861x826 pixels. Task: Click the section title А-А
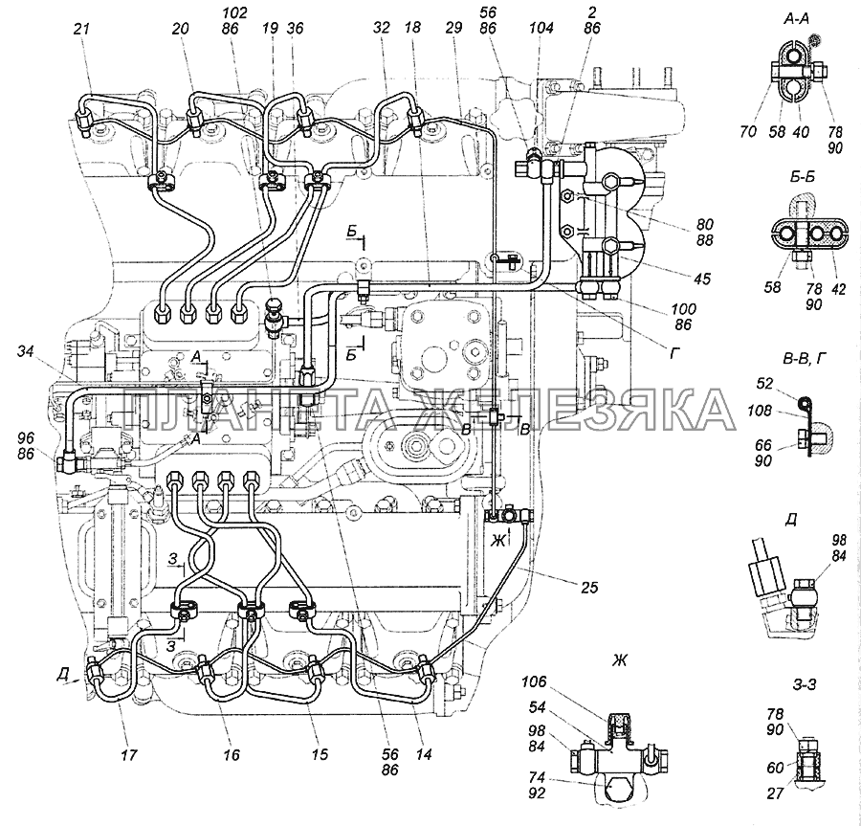click(x=796, y=18)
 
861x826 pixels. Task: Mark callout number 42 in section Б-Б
click(x=838, y=283)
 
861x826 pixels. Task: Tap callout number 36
click(x=295, y=29)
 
